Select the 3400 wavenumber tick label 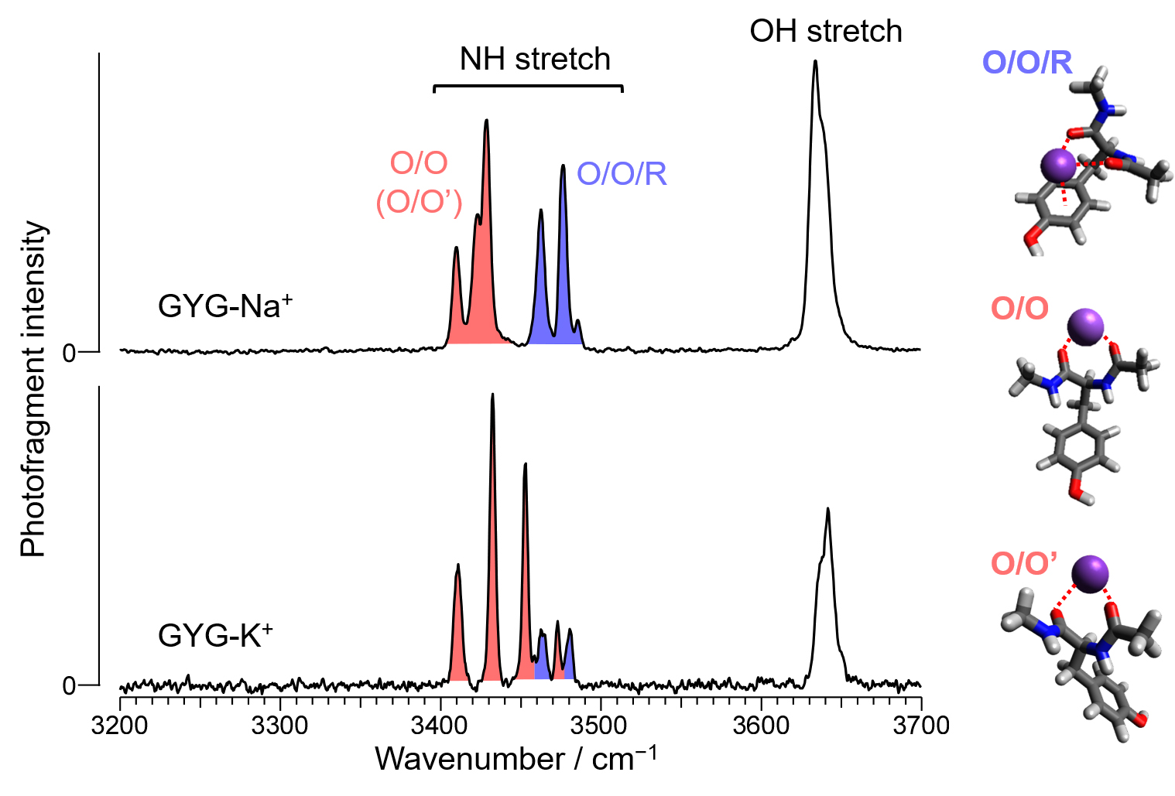[440, 726]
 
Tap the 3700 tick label [920, 726]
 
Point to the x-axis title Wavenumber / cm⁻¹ [516, 760]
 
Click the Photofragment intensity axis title [34, 388]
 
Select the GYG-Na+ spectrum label [224, 306]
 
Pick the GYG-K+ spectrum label [215, 636]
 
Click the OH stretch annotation [826, 32]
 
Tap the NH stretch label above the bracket [535, 60]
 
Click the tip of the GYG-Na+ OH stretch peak [815, 62]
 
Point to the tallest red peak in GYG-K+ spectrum [492, 395]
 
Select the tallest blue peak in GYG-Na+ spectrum [563, 166]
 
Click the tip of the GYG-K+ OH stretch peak [828, 509]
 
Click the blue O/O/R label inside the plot [622, 174]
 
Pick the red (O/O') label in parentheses [419, 202]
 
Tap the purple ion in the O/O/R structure [1057, 164]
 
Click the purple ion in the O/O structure [1085, 326]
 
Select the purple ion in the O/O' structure [1090, 574]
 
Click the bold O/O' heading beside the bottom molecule [1024, 563]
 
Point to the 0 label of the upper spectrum [69, 353]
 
